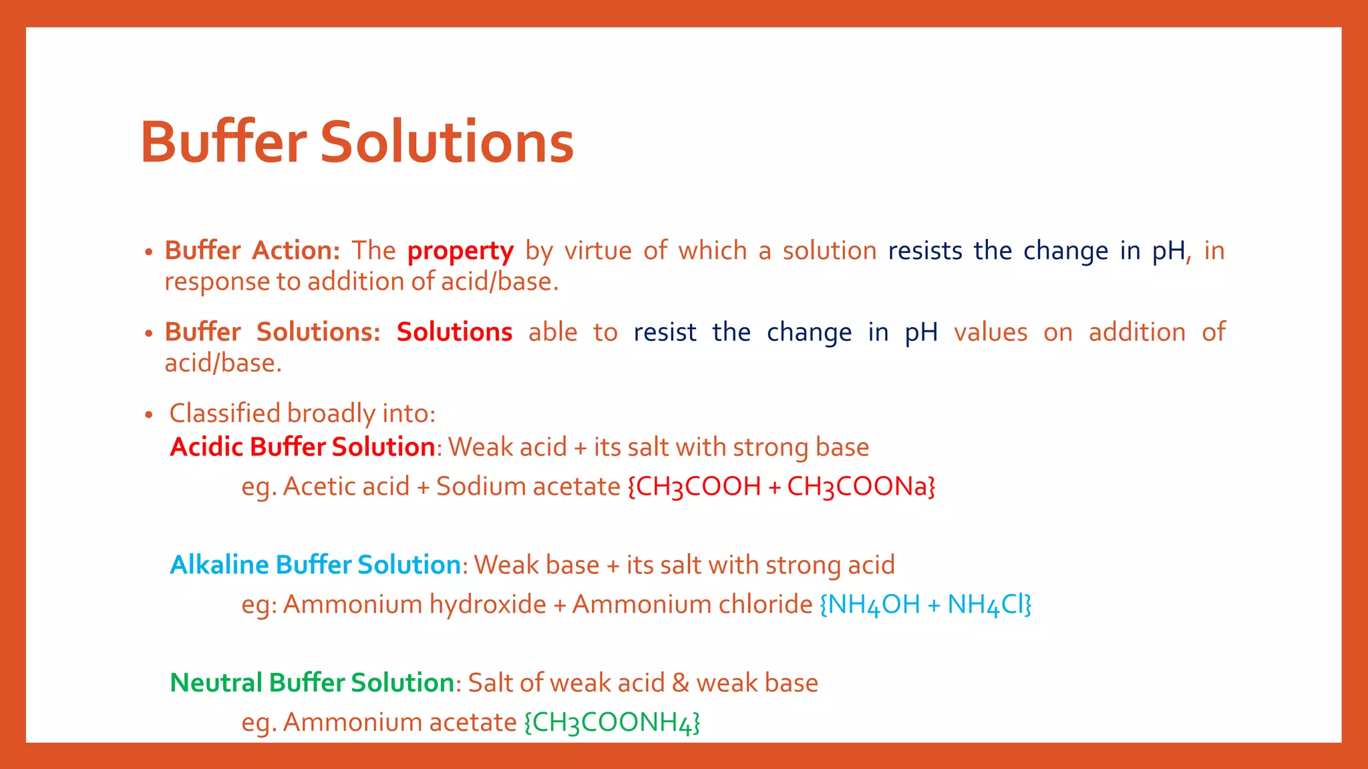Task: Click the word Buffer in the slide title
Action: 223,142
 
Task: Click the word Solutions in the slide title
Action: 447,142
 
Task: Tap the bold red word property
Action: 460,251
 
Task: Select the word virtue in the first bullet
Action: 598,251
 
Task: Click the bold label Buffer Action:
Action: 252,251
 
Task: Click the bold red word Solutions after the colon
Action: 454,332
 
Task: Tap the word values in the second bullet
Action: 990,332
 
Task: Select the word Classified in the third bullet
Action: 225,414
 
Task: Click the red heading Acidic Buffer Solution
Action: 303,447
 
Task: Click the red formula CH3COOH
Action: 698,487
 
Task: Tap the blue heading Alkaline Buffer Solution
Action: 315,565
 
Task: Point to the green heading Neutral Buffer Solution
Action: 312,683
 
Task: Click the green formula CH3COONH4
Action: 612,723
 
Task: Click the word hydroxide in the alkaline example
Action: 488,605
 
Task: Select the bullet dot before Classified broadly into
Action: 149,415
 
